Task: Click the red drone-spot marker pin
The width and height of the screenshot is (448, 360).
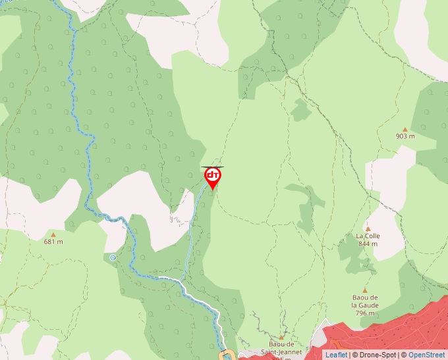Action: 212,177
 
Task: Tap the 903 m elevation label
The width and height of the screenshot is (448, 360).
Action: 405,136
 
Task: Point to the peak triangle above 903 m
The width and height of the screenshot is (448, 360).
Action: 405,129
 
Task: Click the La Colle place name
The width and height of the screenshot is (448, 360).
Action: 368,236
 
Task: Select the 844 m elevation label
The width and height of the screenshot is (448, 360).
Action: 368,244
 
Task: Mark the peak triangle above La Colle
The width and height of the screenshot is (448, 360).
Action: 368,229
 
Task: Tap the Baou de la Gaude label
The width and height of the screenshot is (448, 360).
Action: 365,301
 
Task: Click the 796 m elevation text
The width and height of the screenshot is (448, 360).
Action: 365,313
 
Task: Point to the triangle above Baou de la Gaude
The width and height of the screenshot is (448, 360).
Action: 365,290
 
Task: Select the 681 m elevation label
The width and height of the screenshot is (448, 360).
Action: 53,242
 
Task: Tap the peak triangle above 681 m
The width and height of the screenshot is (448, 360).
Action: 53,234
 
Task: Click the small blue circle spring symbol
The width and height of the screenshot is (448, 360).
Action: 113,257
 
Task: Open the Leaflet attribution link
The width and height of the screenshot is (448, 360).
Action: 336,355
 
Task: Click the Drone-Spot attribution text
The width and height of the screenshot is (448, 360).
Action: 376,355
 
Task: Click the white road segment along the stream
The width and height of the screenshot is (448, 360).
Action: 198,292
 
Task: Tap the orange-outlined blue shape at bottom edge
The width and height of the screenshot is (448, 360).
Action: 226,355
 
